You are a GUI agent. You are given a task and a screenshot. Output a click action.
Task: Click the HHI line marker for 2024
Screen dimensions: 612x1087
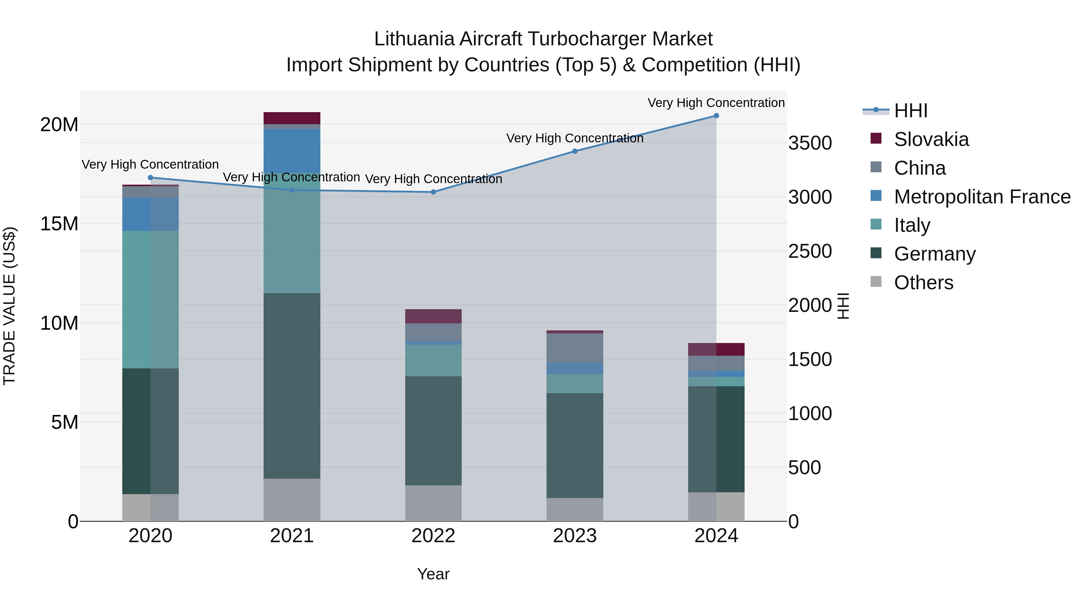pos(716,116)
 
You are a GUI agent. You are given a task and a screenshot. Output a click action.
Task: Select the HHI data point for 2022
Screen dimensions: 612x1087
pos(433,192)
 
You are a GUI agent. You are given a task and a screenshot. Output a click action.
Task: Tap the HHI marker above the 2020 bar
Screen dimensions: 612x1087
pos(151,178)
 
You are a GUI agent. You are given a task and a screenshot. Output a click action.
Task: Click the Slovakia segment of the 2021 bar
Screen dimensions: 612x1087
pos(292,118)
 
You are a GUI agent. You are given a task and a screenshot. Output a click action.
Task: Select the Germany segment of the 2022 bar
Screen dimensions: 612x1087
pos(433,431)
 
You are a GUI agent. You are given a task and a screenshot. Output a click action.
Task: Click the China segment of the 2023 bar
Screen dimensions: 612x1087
pos(575,348)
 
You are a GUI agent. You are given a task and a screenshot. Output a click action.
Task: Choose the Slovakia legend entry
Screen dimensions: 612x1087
pos(931,139)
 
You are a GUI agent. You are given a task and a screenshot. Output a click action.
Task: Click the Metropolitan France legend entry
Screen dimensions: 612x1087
pos(982,197)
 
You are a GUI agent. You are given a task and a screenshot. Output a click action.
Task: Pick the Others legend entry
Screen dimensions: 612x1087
pos(923,283)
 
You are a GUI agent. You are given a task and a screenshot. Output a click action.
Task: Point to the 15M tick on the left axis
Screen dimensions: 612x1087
pos(59,224)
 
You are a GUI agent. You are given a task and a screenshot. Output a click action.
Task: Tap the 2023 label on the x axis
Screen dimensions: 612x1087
pos(575,536)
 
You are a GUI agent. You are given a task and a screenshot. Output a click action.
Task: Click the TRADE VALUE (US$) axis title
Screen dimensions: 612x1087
pos(9,306)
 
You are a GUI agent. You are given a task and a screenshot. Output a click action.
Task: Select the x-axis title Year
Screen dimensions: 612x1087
pos(433,574)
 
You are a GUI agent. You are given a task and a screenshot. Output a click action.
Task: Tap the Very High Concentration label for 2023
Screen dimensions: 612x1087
pos(575,138)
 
